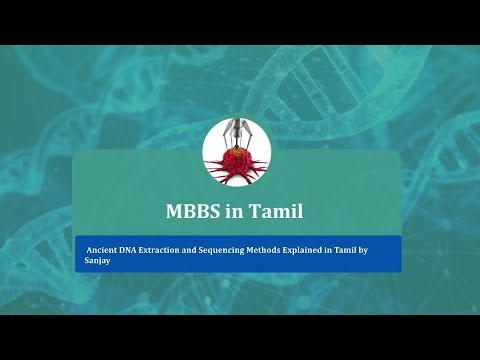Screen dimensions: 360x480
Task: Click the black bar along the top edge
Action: click(x=240, y=21)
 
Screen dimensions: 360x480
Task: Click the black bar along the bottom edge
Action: click(x=240, y=337)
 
